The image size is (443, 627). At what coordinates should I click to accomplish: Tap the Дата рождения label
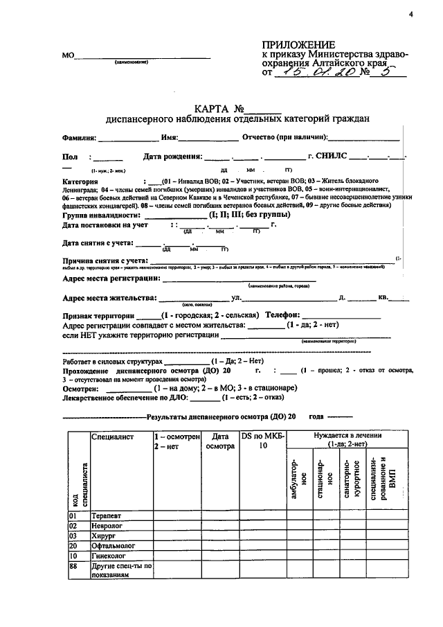pyautogui.click(x=172, y=157)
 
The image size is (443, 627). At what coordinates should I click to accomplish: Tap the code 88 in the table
pyautogui.click(x=73, y=566)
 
